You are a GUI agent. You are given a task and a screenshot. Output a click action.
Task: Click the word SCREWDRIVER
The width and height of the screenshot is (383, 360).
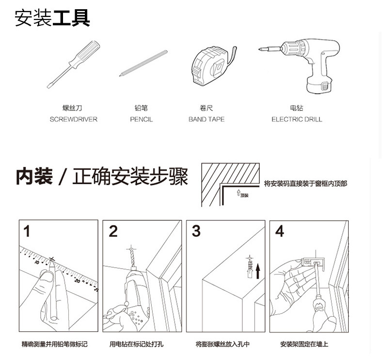(x=74, y=119)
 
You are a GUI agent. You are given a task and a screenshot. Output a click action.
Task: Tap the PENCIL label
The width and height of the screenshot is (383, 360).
(x=141, y=119)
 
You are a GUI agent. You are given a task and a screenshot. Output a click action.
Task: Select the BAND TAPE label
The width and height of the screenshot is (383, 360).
(x=207, y=119)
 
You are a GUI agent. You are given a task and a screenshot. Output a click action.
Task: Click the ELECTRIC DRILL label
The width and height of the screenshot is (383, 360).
(x=297, y=119)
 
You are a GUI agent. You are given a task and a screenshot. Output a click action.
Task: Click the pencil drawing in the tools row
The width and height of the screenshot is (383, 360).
(x=144, y=63)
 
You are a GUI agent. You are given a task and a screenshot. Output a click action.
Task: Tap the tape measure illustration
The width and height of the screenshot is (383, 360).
(x=212, y=65)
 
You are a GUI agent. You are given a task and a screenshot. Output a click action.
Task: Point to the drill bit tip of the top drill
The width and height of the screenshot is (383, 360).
(x=259, y=49)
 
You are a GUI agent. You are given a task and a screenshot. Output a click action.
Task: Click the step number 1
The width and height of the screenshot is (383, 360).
(x=27, y=231)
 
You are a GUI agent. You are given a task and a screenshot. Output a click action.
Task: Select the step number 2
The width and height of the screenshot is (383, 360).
(x=113, y=231)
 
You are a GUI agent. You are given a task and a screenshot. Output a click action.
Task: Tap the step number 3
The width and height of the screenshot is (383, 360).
(x=196, y=231)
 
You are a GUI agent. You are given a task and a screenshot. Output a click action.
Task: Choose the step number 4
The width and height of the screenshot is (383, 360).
(x=280, y=231)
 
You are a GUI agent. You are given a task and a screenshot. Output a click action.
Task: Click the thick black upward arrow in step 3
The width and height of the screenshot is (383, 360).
(x=258, y=271)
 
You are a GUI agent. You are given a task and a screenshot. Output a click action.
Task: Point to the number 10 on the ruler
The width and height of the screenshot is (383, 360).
(x=37, y=262)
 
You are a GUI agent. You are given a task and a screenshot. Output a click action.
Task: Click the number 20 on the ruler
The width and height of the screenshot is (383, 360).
(x=78, y=281)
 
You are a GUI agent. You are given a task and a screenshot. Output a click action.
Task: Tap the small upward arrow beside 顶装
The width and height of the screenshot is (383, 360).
(x=239, y=193)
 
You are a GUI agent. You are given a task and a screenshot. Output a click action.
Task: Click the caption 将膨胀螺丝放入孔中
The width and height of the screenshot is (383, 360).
(x=223, y=344)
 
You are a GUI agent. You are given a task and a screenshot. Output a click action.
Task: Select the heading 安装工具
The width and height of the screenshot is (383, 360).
(x=52, y=18)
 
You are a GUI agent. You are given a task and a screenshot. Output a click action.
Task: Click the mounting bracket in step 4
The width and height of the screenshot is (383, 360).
(x=314, y=263)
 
